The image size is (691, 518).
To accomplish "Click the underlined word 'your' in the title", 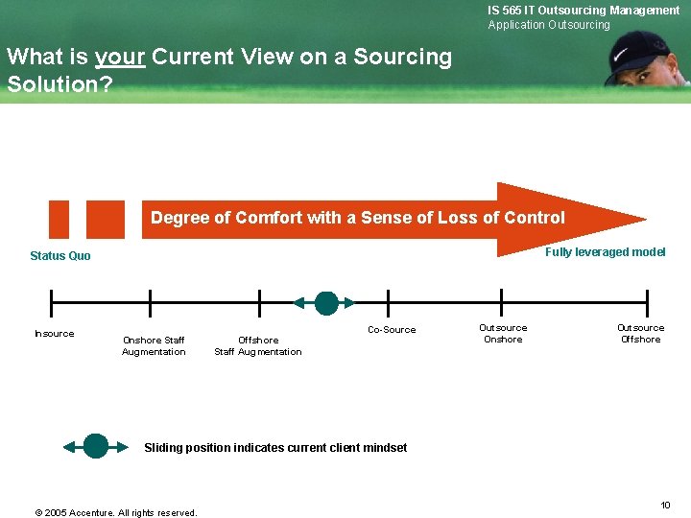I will coord(120,57).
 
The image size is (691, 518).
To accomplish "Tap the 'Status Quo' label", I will coord(60,256).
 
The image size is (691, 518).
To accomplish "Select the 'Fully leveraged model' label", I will coord(605,252).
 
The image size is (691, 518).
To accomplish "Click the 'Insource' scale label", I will coord(54,334).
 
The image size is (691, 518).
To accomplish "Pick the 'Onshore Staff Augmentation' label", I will coord(154,345).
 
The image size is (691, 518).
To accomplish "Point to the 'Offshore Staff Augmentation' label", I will coord(257,345).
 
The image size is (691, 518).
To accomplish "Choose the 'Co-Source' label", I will coord(392,330).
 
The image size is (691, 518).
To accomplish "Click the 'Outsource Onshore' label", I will coord(503,334).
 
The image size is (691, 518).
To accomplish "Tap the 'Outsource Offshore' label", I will coord(640,334).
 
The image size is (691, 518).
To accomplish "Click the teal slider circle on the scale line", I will coord(326,303).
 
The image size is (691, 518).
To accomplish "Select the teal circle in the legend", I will coord(96,446).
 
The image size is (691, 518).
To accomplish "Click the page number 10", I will coord(664,505).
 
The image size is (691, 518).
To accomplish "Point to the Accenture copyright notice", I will coord(116,512).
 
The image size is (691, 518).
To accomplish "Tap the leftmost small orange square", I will coord(60,219).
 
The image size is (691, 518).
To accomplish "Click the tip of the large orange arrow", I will coord(643,219).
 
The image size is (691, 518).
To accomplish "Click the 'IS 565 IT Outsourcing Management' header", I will coord(584,11).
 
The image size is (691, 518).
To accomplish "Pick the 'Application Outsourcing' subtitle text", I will coord(549,25).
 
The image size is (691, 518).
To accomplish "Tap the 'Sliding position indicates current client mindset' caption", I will coord(275,448).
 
